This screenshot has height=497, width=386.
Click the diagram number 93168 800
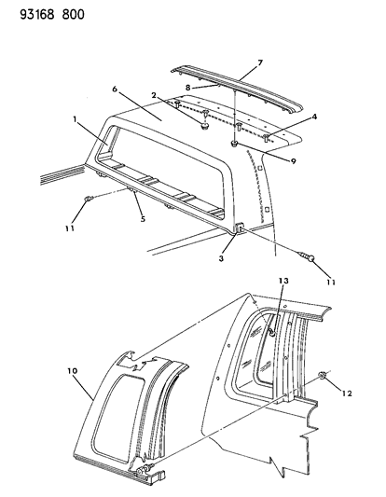[52, 15]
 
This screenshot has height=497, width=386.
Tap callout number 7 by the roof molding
[260, 62]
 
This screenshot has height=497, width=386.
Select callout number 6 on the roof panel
[115, 90]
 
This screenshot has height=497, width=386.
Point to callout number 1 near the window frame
[75, 119]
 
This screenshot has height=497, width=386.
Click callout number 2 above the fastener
[154, 95]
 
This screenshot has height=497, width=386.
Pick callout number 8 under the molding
[188, 88]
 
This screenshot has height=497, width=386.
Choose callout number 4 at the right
[314, 117]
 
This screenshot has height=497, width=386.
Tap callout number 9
[293, 161]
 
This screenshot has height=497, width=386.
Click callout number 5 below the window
[143, 219]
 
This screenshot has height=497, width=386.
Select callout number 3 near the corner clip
[221, 258]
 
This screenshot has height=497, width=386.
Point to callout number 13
[283, 281]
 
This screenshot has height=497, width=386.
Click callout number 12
[347, 393]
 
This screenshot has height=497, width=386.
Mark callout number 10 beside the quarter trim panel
[72, 370]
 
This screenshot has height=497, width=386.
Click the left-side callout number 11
[70, 228]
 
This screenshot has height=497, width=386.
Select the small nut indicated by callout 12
[322, 376]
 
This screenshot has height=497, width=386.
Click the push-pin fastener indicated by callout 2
[203, 127]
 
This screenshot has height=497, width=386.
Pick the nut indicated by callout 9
[234, 144]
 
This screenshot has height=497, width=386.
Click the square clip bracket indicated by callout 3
[240, 228]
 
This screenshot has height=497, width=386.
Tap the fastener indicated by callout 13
[271, 332]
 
